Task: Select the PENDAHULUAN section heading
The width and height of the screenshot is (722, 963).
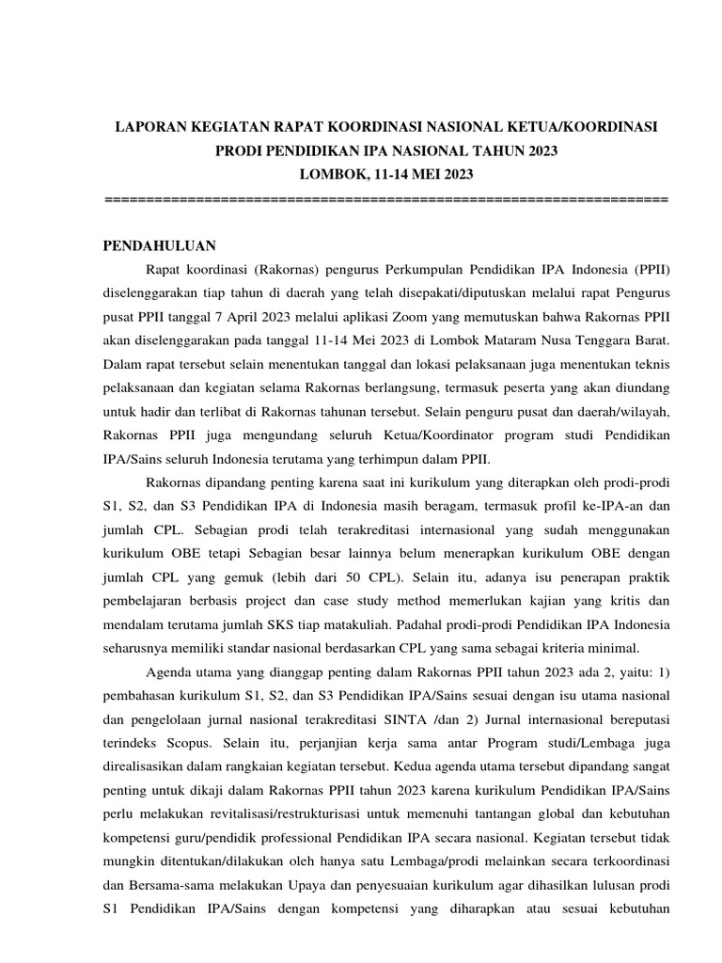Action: click(x=159, y=246)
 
